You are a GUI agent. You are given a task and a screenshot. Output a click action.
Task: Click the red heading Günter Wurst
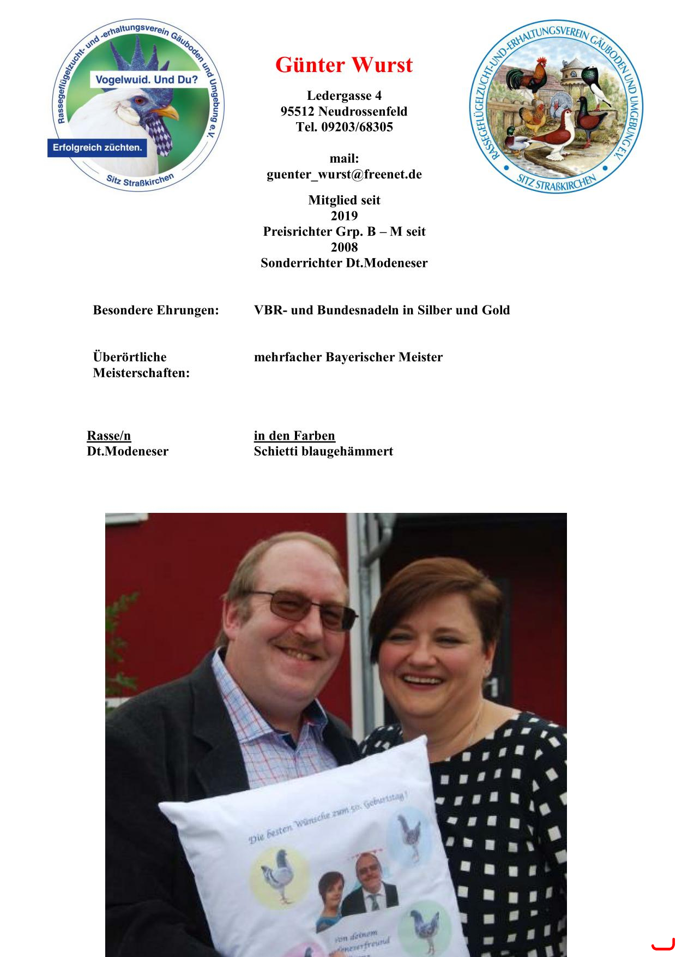tap(344, 65)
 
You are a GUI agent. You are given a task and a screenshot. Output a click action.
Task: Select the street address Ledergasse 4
tap(344, 96)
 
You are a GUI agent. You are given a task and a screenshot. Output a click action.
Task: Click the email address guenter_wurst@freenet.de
tap(344, 175)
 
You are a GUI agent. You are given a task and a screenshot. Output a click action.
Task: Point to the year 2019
tap(344, 216)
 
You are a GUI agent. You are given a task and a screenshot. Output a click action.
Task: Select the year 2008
tap(344, 247)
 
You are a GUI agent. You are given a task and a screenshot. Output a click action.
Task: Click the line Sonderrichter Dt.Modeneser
tap(344, 263)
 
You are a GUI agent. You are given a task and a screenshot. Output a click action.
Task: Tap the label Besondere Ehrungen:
tap(156, 310)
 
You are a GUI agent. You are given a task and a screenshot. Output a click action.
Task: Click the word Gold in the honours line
tap(496, 310)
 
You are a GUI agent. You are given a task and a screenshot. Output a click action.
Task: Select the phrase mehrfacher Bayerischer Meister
tap(348, 357)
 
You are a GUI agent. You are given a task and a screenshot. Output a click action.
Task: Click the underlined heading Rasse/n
tap(109, 436)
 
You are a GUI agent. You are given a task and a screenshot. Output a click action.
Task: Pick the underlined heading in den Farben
tap(294, 436)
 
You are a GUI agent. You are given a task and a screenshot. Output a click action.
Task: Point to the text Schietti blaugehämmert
tap(323, 452)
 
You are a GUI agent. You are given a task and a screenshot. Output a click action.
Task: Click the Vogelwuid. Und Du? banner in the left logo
tap(147, 80)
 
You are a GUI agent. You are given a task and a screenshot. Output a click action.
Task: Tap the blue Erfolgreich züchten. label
tap(97, 147)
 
